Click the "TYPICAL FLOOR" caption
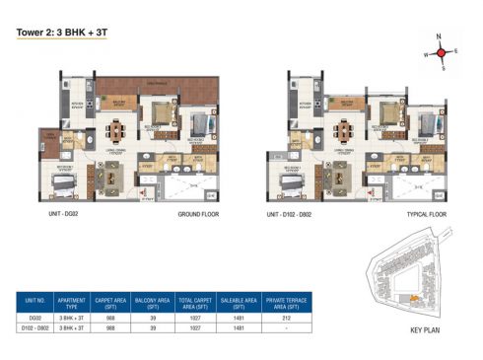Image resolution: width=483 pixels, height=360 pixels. tap(426, 213)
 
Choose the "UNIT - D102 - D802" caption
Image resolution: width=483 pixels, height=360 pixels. tap(295, 213)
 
